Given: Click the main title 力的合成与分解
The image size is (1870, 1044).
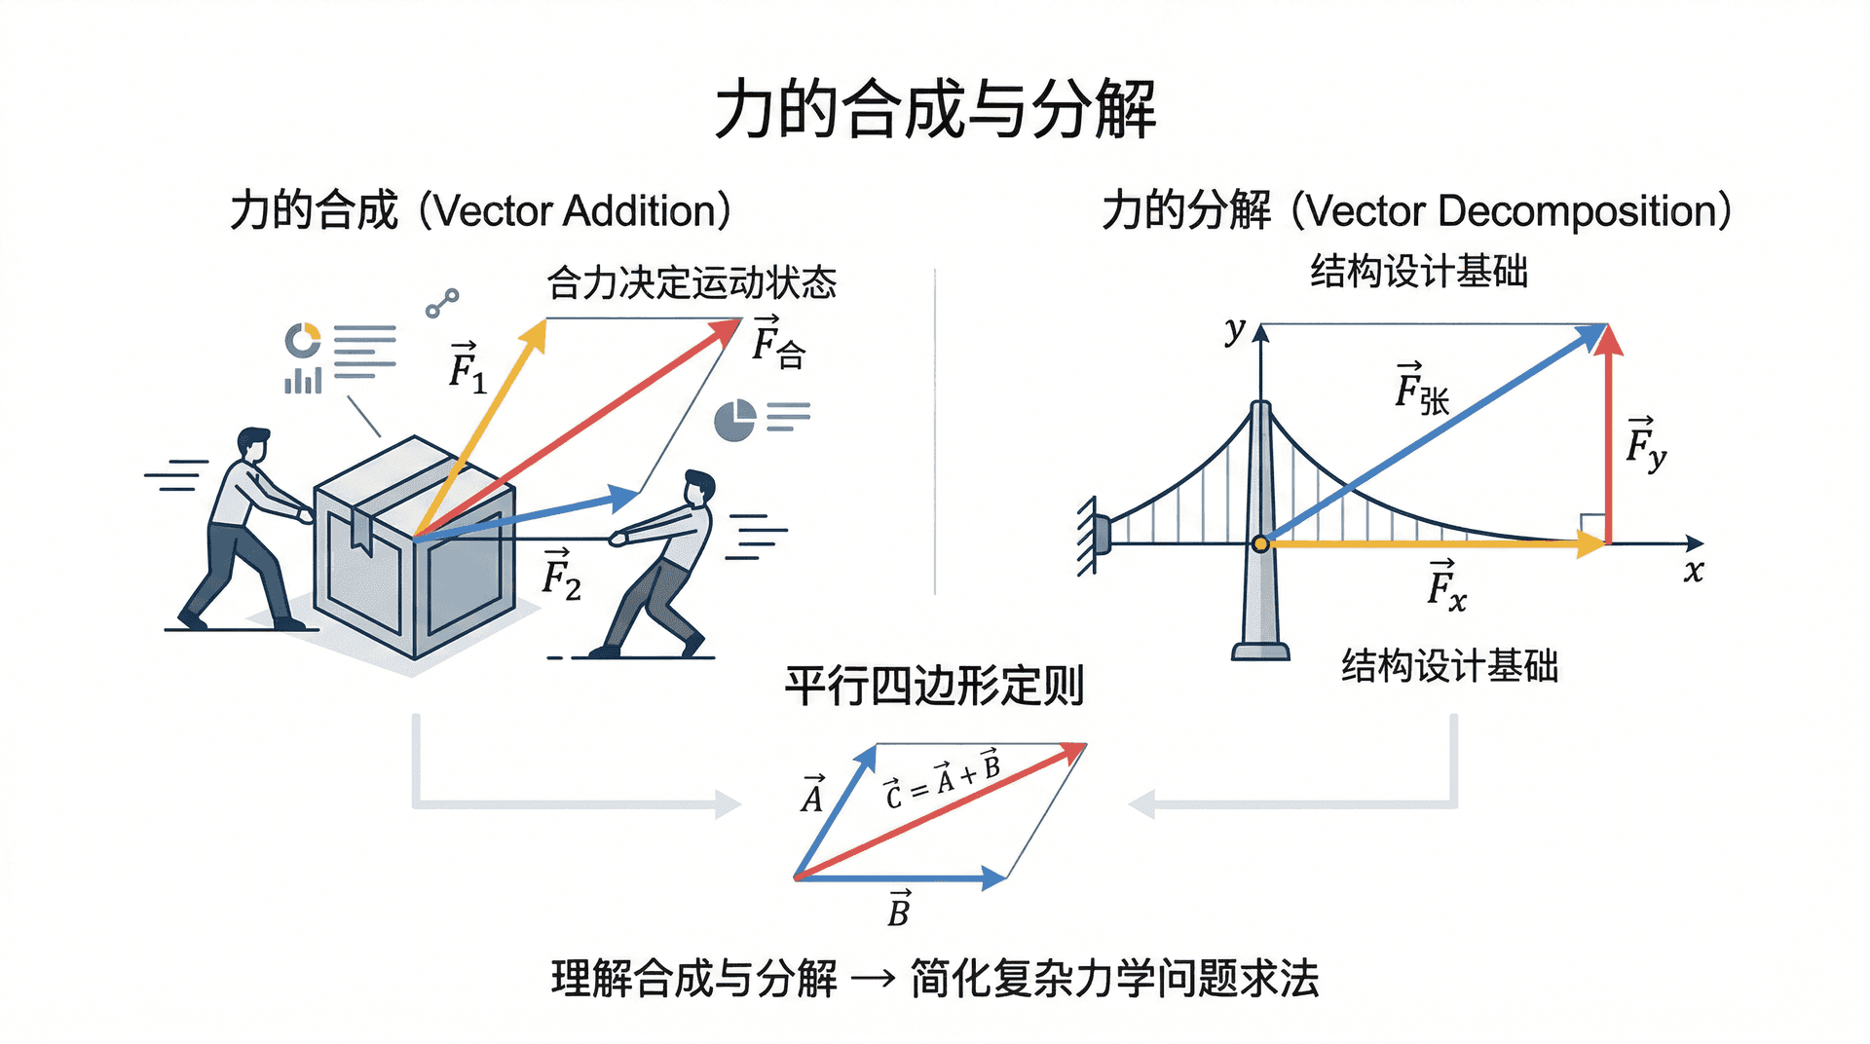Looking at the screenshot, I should [x=935, y=109].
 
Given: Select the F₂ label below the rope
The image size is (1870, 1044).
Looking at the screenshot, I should [x=561, y=576].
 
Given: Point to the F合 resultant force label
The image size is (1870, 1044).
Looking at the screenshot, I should [x=777, y=344].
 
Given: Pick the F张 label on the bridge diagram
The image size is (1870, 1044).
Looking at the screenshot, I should [x=1421, y=390].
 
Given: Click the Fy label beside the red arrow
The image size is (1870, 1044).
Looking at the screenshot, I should [x=1645, y=444].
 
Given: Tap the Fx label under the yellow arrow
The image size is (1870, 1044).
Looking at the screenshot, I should [x=1446, y=586].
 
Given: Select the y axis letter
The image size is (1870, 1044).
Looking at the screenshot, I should [x=1235, y=330].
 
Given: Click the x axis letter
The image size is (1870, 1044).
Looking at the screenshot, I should [x=1694, y=572].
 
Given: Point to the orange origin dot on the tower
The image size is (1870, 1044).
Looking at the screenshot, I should [x=1260, y=543].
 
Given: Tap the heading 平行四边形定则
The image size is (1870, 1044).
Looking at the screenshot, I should [x=934, y=686].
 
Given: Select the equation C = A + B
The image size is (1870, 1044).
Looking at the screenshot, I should [x=942, y=780].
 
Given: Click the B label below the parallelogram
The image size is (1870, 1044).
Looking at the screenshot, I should [x=899, y=909].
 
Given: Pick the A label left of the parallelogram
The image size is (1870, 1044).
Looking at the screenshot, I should [x=812, y=795].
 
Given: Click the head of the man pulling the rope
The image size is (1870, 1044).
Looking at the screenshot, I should [x=698, y=487].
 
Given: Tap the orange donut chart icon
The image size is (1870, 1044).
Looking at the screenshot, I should [x=302, y=340].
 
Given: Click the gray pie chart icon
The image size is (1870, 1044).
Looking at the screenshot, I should [x=734, y=420].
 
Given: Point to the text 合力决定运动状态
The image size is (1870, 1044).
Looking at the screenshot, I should [x=692, y=283].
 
